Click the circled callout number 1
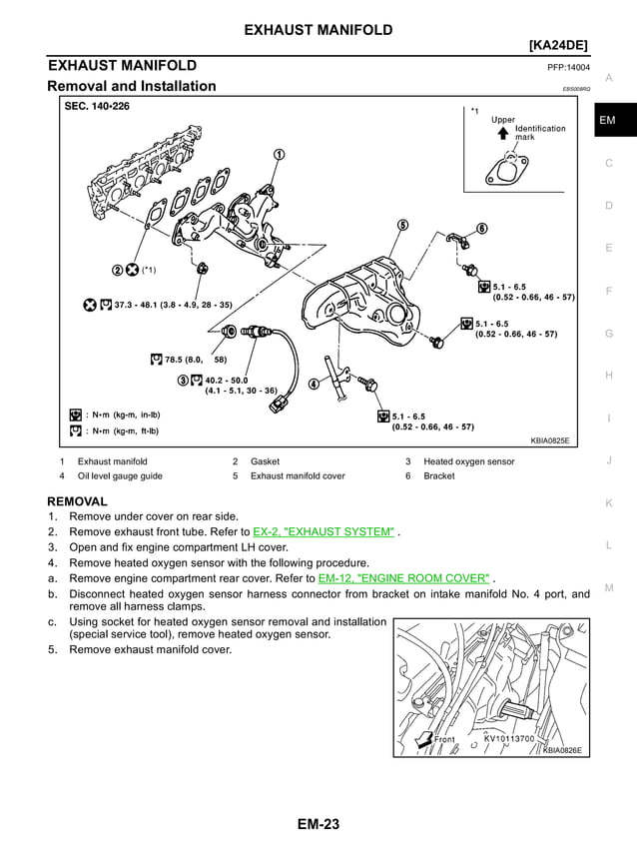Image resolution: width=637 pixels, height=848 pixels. pyautogui.click(x=278, y=154)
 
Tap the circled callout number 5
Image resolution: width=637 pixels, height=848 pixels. pyautogui.click(x=402, y=225)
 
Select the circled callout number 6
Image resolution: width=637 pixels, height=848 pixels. pyautogui.click(x=482, y=229)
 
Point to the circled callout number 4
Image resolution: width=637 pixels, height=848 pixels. pyautogui.click(x=313, y=384)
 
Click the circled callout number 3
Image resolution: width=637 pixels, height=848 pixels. pyautogui.click(x=183, y=380)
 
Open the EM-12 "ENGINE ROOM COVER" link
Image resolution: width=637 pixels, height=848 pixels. pyautogui.click(x=404, y=577)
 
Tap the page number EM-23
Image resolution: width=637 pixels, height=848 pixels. pyautogui.click(x=318, y=824)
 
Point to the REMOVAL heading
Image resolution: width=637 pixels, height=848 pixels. pyautogui.click(x=77, y=499)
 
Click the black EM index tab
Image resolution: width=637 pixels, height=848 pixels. pyautogui.click(x=608, y=121)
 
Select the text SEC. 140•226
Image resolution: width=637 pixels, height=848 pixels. pyautogui.click(x=97, y=106)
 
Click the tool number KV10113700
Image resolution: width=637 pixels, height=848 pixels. pyautogui.click(x=509, y=739)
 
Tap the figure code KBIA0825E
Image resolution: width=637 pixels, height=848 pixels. pyautogui.click(x=549, y=439)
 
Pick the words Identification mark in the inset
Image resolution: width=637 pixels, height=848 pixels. pyautogui.click(x=539, y=133)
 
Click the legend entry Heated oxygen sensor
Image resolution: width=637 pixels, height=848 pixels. pyautogui.click(x=469, y=461)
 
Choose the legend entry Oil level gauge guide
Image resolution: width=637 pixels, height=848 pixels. pyautogui.click(x=120, y=475)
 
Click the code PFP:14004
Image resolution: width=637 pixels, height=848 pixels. pyautogui.click(x=568, y=68)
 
